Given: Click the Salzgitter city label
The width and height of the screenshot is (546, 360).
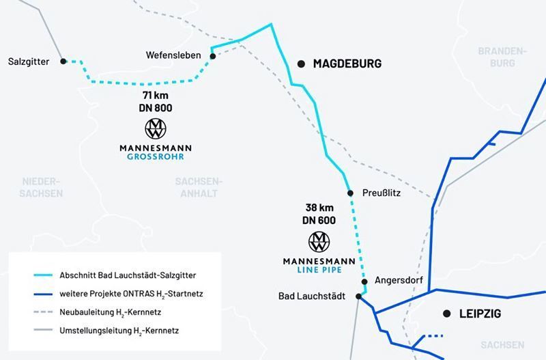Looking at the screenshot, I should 28,61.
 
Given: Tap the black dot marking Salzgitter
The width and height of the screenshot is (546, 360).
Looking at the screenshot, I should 63,61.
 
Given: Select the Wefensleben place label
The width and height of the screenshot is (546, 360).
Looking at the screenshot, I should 175,55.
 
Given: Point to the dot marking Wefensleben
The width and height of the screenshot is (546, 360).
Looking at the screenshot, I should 212,56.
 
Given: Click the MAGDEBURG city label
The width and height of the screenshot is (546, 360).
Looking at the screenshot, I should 347,64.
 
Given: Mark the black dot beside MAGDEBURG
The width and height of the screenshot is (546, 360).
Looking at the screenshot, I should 300,64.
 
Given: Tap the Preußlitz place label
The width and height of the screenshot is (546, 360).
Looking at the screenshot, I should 378,193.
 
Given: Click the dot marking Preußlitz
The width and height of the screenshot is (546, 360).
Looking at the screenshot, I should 350,193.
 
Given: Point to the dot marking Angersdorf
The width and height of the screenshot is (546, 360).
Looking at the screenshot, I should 364,281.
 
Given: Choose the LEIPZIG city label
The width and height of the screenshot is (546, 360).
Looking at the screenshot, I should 482,314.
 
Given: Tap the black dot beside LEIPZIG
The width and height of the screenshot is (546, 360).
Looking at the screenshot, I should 446,314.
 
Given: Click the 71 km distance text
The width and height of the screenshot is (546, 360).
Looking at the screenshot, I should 155,96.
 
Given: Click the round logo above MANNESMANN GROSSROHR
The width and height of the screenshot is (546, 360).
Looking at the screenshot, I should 155,129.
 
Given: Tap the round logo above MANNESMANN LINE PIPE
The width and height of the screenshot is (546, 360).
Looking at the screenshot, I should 319,241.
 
